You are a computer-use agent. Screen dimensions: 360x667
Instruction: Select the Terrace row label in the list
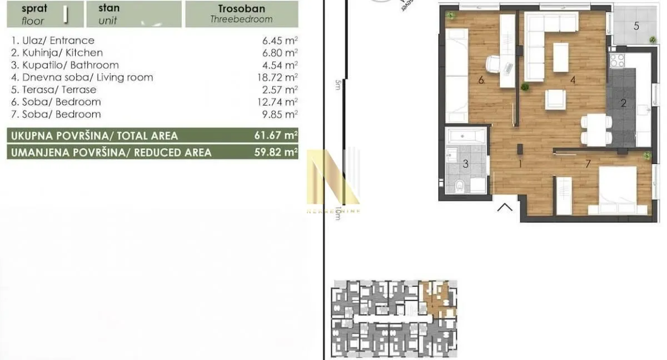(53, 89)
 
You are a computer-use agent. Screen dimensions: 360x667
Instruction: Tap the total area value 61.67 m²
(276, 135)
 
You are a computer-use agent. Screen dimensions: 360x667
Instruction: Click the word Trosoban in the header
(242, 9)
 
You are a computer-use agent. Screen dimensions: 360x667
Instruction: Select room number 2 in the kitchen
(624, 103)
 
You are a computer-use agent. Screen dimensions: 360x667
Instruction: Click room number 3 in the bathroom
(466, 163)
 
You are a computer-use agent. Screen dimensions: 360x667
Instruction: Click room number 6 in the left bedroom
(481, 80)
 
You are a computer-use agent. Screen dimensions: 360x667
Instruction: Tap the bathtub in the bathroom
(466, 136)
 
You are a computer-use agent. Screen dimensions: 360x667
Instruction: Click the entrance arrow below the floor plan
(505, 208)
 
